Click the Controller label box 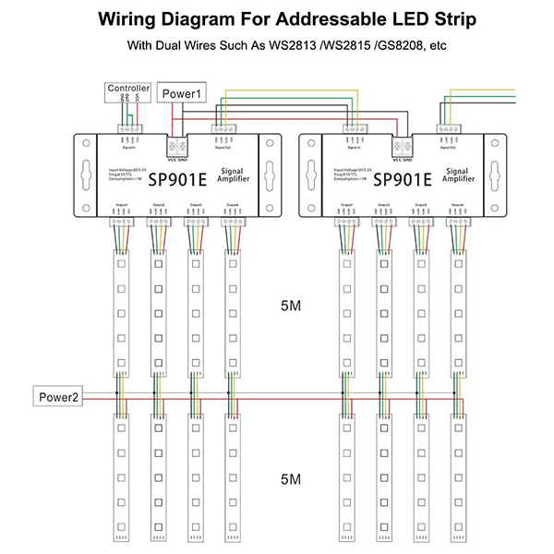(x=127, y=90)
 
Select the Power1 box (x=182, y=93)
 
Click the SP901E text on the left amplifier (x=177, y=181)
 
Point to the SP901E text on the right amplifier (x=403, y=181)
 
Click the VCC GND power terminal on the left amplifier (x=175, y=146)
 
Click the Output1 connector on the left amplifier (x=120, y=222)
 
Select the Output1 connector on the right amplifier (x=345, y=222)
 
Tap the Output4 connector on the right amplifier (x=457, y=222)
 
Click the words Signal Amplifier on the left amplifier (x=243, y=176)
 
